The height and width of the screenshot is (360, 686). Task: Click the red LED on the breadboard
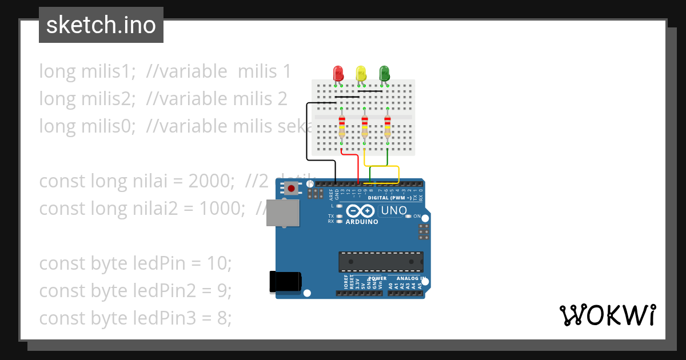338,73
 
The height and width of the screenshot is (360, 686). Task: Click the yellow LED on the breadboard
361,73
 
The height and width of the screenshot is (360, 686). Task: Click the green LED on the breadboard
384,73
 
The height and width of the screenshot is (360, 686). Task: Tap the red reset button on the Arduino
292,188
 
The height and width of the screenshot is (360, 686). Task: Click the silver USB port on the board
282,213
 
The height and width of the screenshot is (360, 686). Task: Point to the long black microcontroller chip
381,261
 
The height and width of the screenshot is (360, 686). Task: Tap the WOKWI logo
607,315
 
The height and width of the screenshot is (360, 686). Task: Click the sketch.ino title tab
101,25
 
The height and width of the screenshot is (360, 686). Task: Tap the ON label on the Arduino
417,217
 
